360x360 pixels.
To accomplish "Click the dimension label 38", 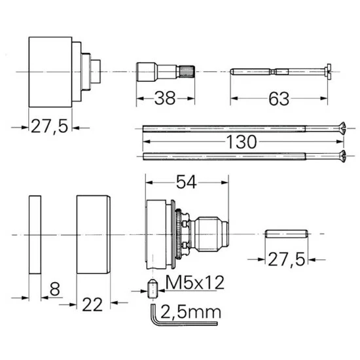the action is coord(165,98).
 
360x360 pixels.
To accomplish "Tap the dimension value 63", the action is coord(279,99).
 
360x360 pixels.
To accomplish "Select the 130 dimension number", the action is coord(242,141).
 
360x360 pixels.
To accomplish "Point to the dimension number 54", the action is coord(186,182).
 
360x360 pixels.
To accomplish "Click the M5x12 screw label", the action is coord(194,282).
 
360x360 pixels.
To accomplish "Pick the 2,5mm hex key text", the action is coord(190,312).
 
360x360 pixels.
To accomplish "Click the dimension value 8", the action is coord(54,289).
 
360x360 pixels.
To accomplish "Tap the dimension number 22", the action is coord(92,304).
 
